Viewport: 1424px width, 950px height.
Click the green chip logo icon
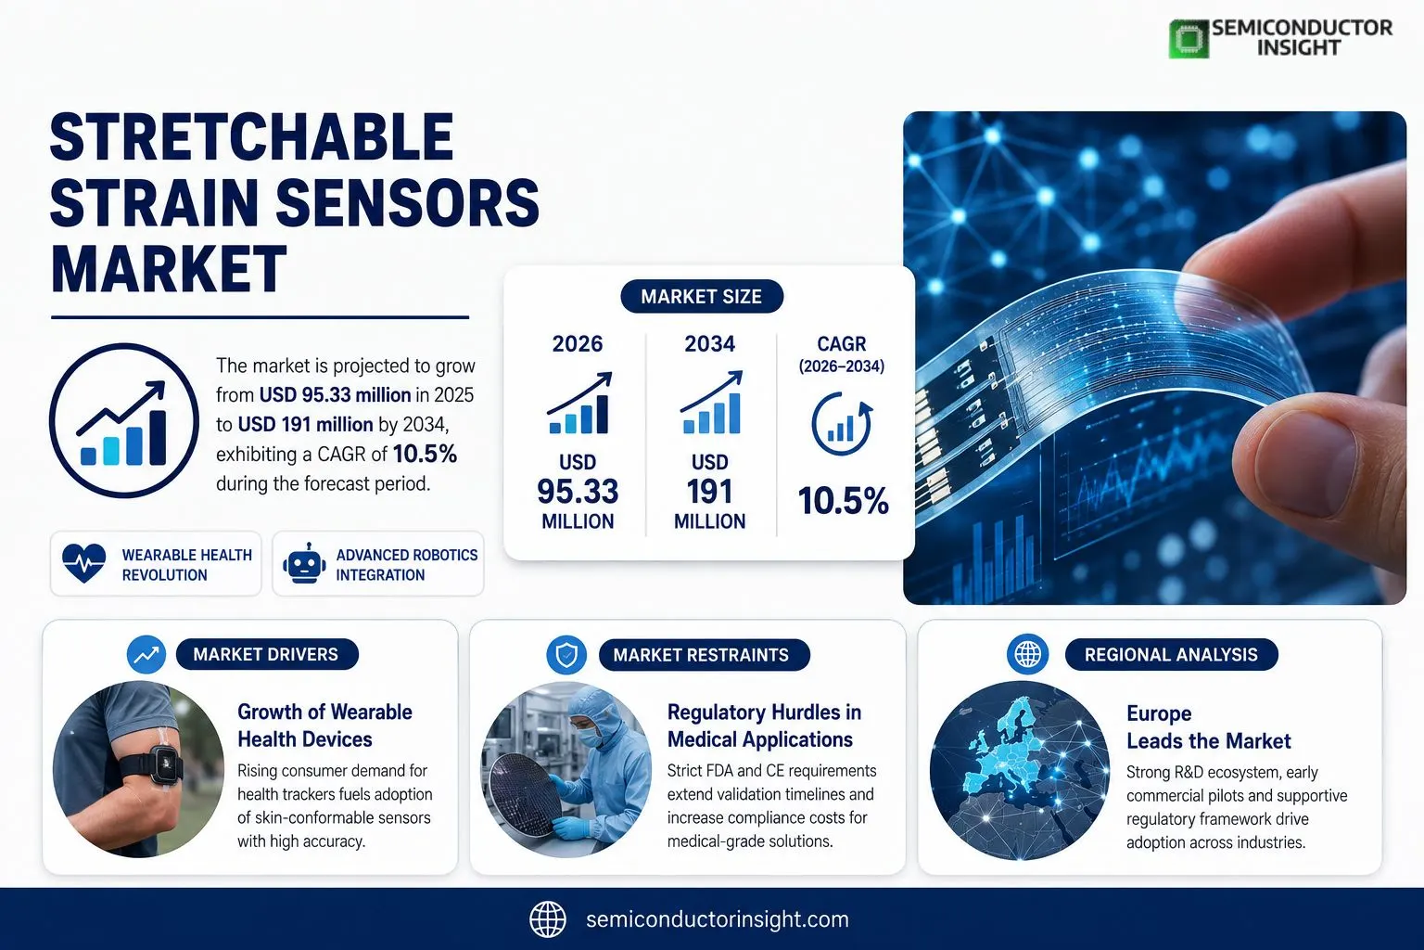[1189, 39]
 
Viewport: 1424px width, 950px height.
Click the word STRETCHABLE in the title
[252, 137]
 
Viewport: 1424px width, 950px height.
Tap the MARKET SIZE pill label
[701, 297]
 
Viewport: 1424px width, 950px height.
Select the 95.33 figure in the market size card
[578, 491]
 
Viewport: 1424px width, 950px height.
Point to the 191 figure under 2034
[709, 491]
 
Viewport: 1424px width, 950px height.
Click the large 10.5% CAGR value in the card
[843, 501]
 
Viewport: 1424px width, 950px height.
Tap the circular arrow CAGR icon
[842, 424]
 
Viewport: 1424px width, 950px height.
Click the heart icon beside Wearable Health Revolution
[84, 563]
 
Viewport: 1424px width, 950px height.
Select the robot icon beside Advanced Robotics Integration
[304, 563]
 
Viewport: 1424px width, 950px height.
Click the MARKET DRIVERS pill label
[267, 654]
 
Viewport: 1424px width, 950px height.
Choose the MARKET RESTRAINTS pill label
[704, 655]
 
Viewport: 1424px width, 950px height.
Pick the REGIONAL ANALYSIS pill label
[1171, 655]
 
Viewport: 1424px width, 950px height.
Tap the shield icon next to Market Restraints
[566, 655]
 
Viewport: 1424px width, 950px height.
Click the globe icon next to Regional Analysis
[1027, 654]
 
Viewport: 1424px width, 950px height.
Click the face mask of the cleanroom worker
[590, 737]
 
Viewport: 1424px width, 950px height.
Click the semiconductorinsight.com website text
[717, 919]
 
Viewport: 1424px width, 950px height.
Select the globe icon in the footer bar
[547, 919]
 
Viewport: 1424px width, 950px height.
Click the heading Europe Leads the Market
[1209, 727]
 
